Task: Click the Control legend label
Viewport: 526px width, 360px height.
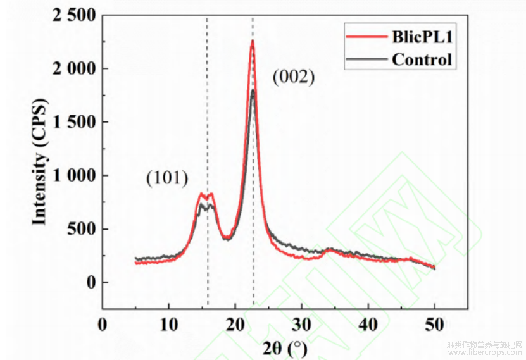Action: click(422, 60)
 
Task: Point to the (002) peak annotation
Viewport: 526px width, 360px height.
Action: click(293, 78)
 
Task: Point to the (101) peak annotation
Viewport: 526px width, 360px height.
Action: click(167, 179)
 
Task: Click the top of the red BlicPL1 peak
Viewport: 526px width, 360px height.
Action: click(252, 41)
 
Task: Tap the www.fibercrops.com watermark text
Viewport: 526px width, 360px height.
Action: click(484, 353)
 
